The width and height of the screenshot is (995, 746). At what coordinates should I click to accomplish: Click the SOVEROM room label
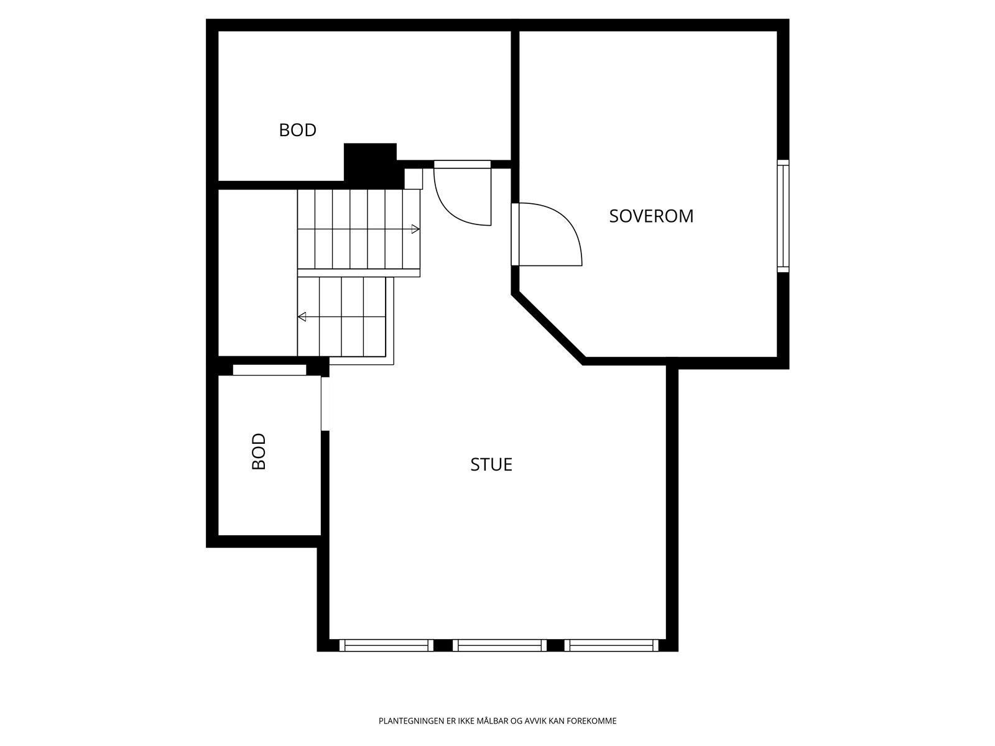[651, 216]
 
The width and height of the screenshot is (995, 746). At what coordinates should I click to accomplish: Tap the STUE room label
[491, 464]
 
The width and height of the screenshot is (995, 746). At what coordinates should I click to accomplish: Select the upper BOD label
[297, 130]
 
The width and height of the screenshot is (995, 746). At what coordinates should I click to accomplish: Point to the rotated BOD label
[259, 451]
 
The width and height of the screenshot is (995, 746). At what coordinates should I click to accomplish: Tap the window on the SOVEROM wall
[783, 216]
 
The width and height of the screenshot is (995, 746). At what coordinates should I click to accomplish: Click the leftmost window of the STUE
[386, 646]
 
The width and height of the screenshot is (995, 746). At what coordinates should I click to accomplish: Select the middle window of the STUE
[499, 646]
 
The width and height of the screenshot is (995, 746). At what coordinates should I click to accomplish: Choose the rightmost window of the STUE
[611, 646]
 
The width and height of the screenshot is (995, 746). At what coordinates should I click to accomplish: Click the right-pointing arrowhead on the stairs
[415, 229]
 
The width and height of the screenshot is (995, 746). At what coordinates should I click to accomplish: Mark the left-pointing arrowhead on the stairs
[302, 317]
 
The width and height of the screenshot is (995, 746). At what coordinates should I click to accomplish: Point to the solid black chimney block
[371, 163]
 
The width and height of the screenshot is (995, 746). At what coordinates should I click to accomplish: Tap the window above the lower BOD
[269, 370]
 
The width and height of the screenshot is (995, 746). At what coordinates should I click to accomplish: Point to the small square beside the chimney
[414, 178]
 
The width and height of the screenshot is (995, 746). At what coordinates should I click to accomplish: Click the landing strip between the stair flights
[359, 272]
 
